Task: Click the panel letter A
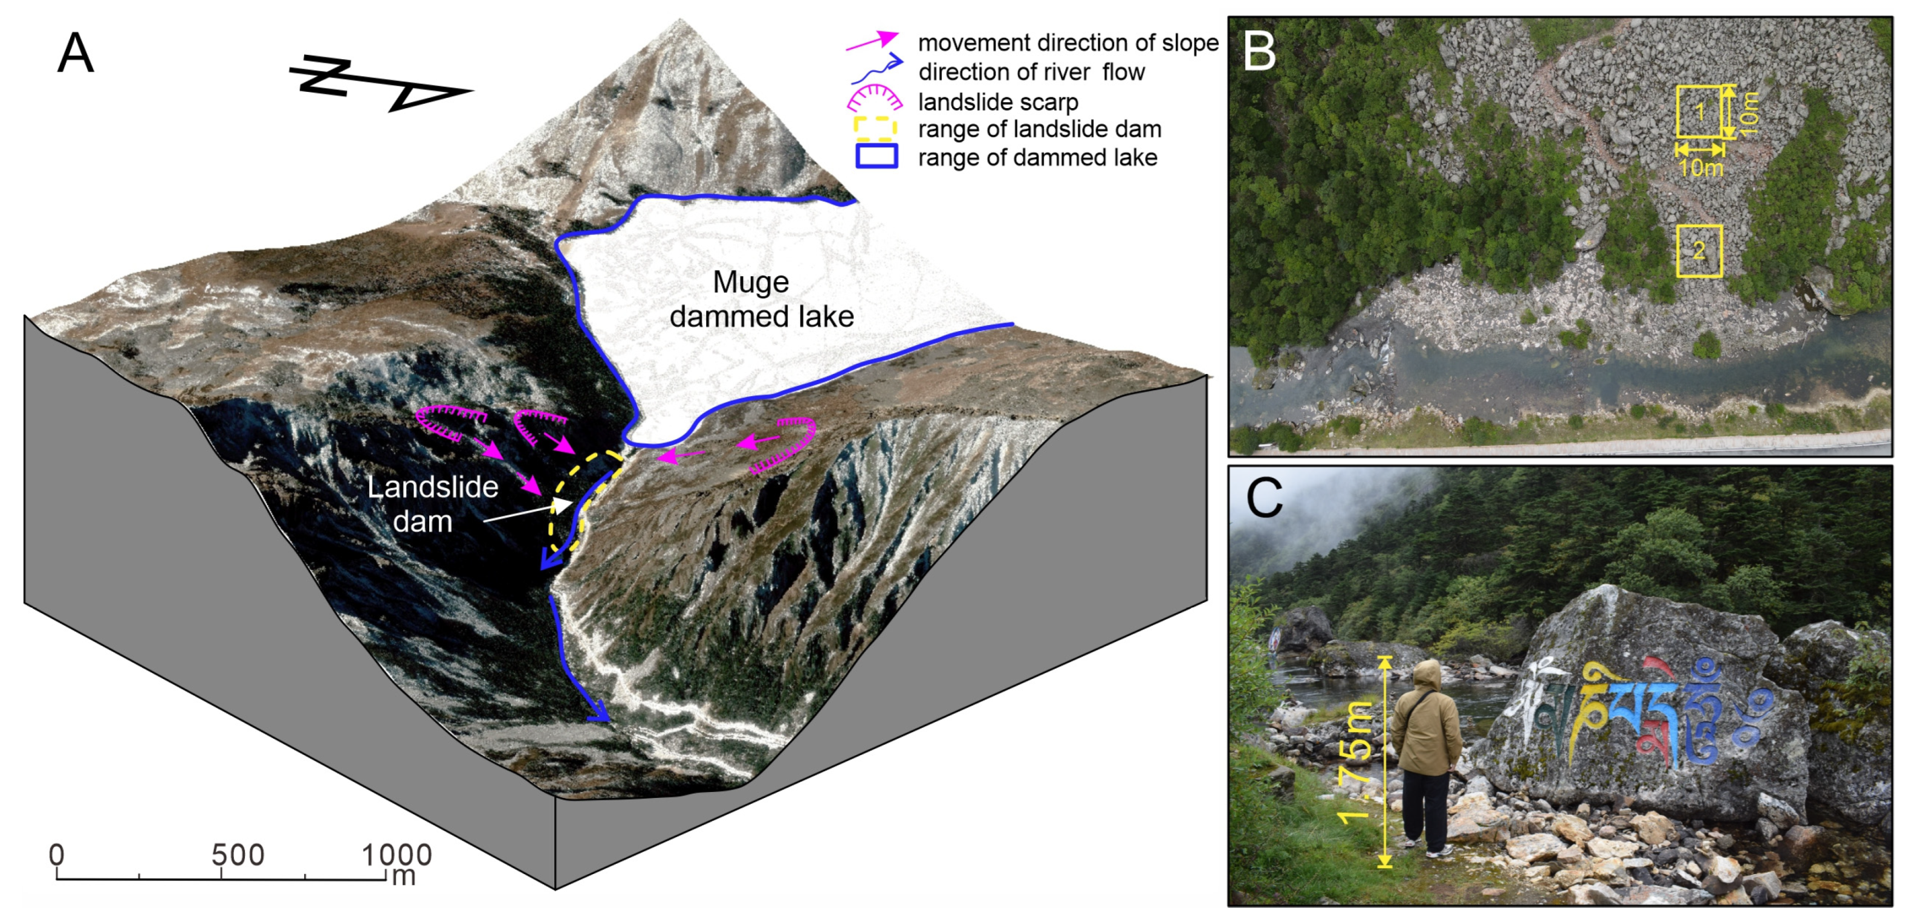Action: (x=76, y=53)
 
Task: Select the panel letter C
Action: (x=1263, y=498)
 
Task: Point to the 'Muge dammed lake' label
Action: (x=760, y=299)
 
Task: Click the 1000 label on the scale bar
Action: (x=397, y=855)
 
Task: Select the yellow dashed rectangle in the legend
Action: (x=876, y=129)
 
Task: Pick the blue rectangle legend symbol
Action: (x=876, y=156)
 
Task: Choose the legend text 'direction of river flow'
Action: (x=1031, y=72)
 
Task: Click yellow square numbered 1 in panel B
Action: (x=1700, y=111)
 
